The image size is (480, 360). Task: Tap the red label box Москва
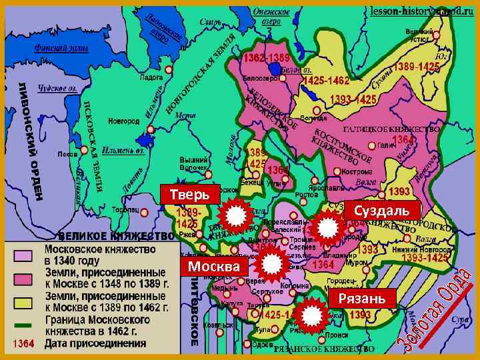pyautogui.click(x=213, y=267)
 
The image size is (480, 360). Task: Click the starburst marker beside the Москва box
pyautogui.click(x=272, y=266)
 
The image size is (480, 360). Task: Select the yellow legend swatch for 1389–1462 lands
pyautogui.click(x=24, y=303)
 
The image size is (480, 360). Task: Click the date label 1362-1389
pyautogui.click(x=266, y=59)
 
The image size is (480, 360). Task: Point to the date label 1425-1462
pyautogui.click(x=326, y=81)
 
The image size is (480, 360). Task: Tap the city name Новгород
pyautogui.click(x=125, y=121)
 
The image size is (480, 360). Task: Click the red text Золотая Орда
pyautogui.click(x=436, y=310)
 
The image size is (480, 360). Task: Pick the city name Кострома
pyautogui.click(x=357, y=171)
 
